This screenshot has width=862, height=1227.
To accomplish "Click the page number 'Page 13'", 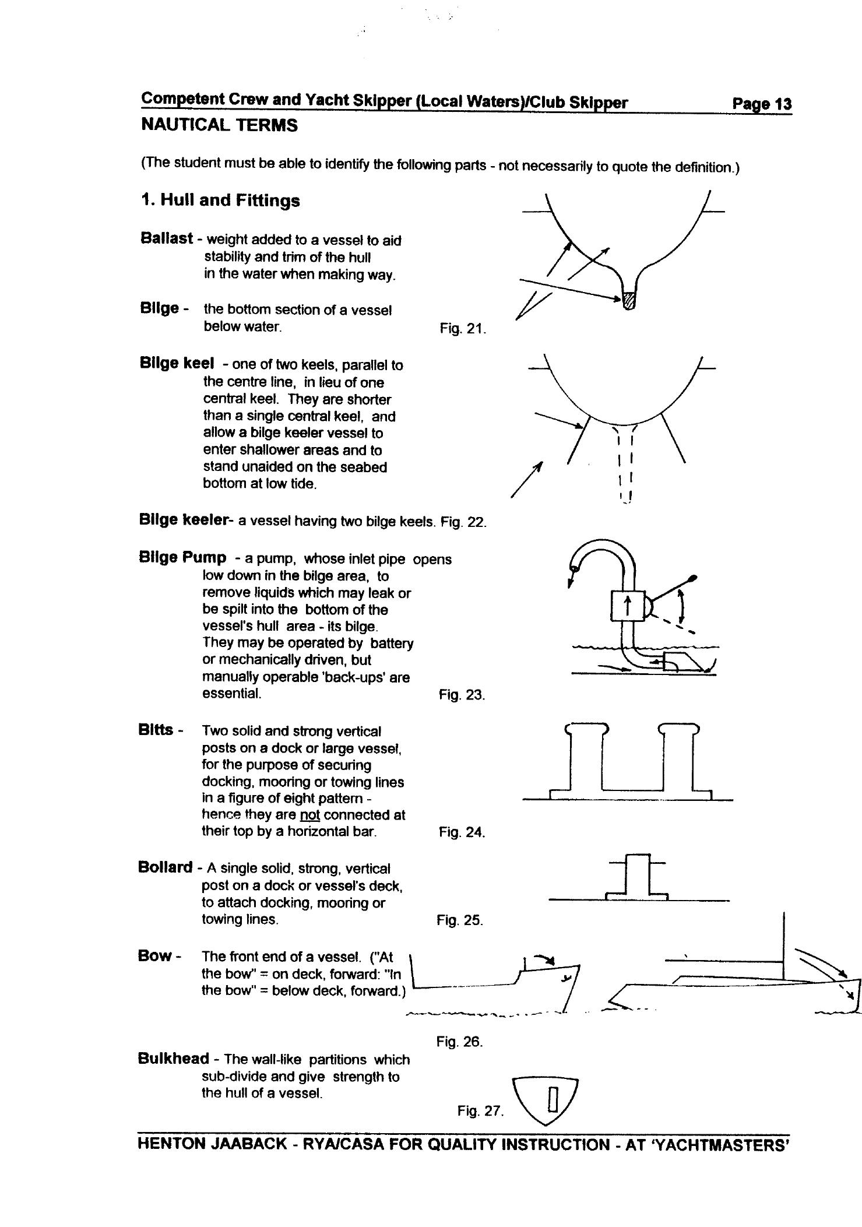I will (x=761, y=104).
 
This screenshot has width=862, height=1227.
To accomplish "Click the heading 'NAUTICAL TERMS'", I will (x=219, y=125).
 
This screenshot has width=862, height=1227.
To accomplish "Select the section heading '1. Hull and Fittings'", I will (x=220, y=201).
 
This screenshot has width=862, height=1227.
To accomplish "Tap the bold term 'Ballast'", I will (x=166, y=238).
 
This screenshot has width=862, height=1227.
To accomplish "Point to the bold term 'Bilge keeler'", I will (x=182, y=519).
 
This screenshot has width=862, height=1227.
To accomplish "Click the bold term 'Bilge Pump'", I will (x=182, y=557).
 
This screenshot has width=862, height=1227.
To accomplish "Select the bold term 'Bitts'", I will (x=156, y=729).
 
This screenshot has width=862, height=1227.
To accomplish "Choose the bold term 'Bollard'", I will (x=165, y=867).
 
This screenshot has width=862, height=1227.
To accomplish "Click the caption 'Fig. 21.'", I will (x=463, y=329).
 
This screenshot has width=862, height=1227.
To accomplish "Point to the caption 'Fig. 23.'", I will (x=462, y=695).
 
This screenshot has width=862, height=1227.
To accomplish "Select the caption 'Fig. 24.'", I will (x=462, y=832).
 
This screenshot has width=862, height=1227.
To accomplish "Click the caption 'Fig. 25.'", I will (x=460, y=920).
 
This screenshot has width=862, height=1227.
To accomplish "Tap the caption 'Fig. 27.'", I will (x=480, y=1110).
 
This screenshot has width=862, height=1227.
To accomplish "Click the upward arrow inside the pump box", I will (x=627, y=607).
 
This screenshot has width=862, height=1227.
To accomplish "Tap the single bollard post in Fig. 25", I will (x=637, y=876).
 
